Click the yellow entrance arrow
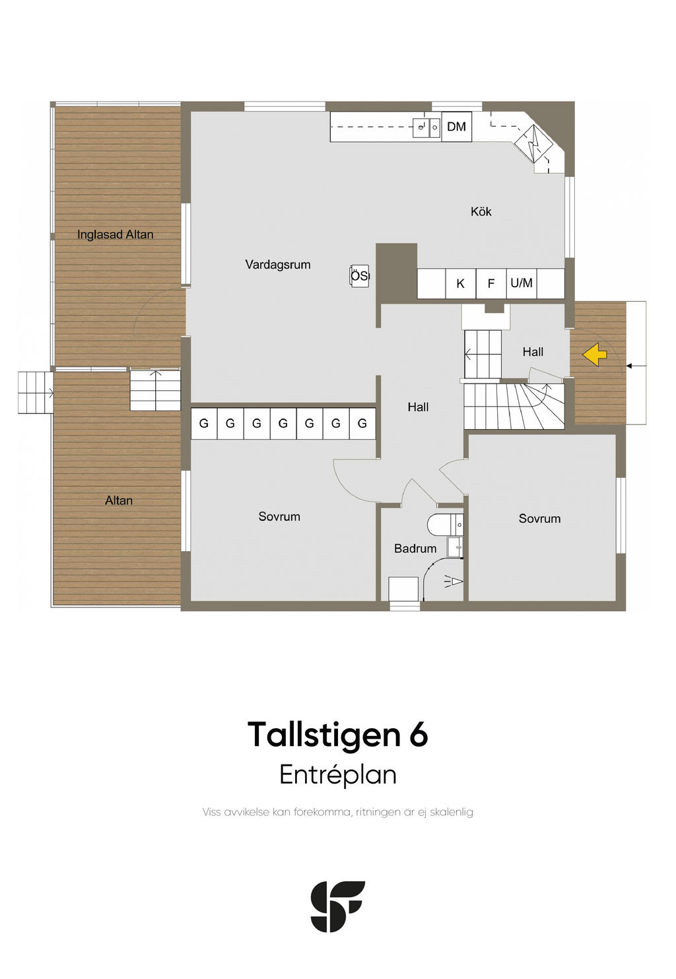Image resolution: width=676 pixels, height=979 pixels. coord(595,354)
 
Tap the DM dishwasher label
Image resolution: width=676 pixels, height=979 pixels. coord(456,127)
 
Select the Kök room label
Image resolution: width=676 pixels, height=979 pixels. coord(481,211)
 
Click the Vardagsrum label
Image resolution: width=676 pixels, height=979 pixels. coord(278,265)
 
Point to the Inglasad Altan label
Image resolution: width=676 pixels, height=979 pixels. coord(116,235)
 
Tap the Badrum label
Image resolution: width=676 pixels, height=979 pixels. coord(415,549)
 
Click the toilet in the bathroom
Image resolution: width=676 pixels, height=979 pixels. coord(444,524)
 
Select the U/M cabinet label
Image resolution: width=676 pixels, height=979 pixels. coord(522,283)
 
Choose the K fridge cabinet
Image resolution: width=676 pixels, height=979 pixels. coord(461,284)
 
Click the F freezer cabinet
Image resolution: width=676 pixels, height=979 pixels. coord(491,284)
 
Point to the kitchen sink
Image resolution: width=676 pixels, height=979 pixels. coord(426,127)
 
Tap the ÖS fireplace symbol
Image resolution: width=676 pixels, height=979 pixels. coord(359,276)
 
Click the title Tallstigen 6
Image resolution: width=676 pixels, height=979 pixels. coord(337,734)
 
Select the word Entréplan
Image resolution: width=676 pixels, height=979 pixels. coord(338,774)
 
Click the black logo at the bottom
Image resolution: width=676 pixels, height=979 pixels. coord(338,906)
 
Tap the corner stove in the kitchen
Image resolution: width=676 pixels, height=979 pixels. coord(533,143)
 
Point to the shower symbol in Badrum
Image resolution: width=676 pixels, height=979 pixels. coord(454,582)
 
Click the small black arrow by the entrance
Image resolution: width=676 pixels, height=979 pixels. coord(629,365)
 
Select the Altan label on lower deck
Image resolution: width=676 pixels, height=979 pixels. coord(119,500)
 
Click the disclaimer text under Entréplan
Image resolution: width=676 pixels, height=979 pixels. coord(338,812)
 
